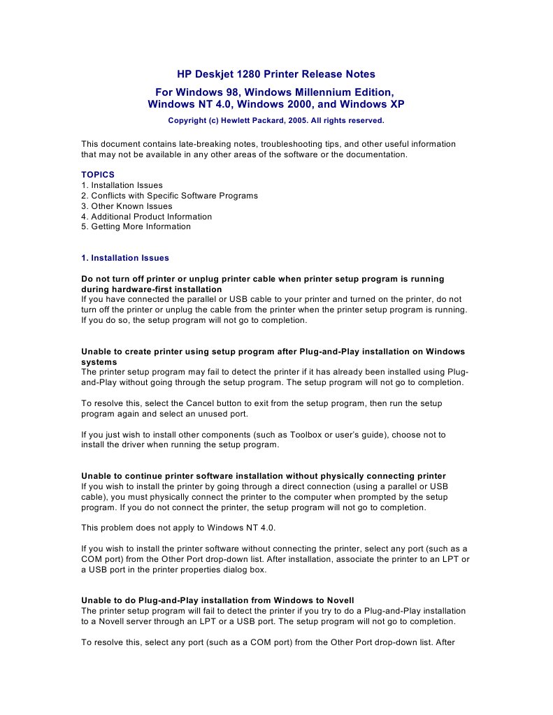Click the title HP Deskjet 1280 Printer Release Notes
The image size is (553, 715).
coord(275,74)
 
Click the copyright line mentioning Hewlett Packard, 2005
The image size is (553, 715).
coord(275,120)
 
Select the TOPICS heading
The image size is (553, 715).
coord(97,175)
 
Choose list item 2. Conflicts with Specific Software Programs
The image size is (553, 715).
coord(169,196)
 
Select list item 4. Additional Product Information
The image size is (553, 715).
coord(146,217)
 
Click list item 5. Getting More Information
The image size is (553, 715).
coord(136,226)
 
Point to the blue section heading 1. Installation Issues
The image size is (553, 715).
coord(125,258)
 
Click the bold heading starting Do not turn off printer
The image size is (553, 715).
coord(262,279)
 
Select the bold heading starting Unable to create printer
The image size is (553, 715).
coord(273,351)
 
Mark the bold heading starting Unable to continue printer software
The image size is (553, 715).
coord(264,476)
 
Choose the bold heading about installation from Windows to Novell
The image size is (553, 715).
coord(217,600)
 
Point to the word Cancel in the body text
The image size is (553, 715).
coord(202,403)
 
